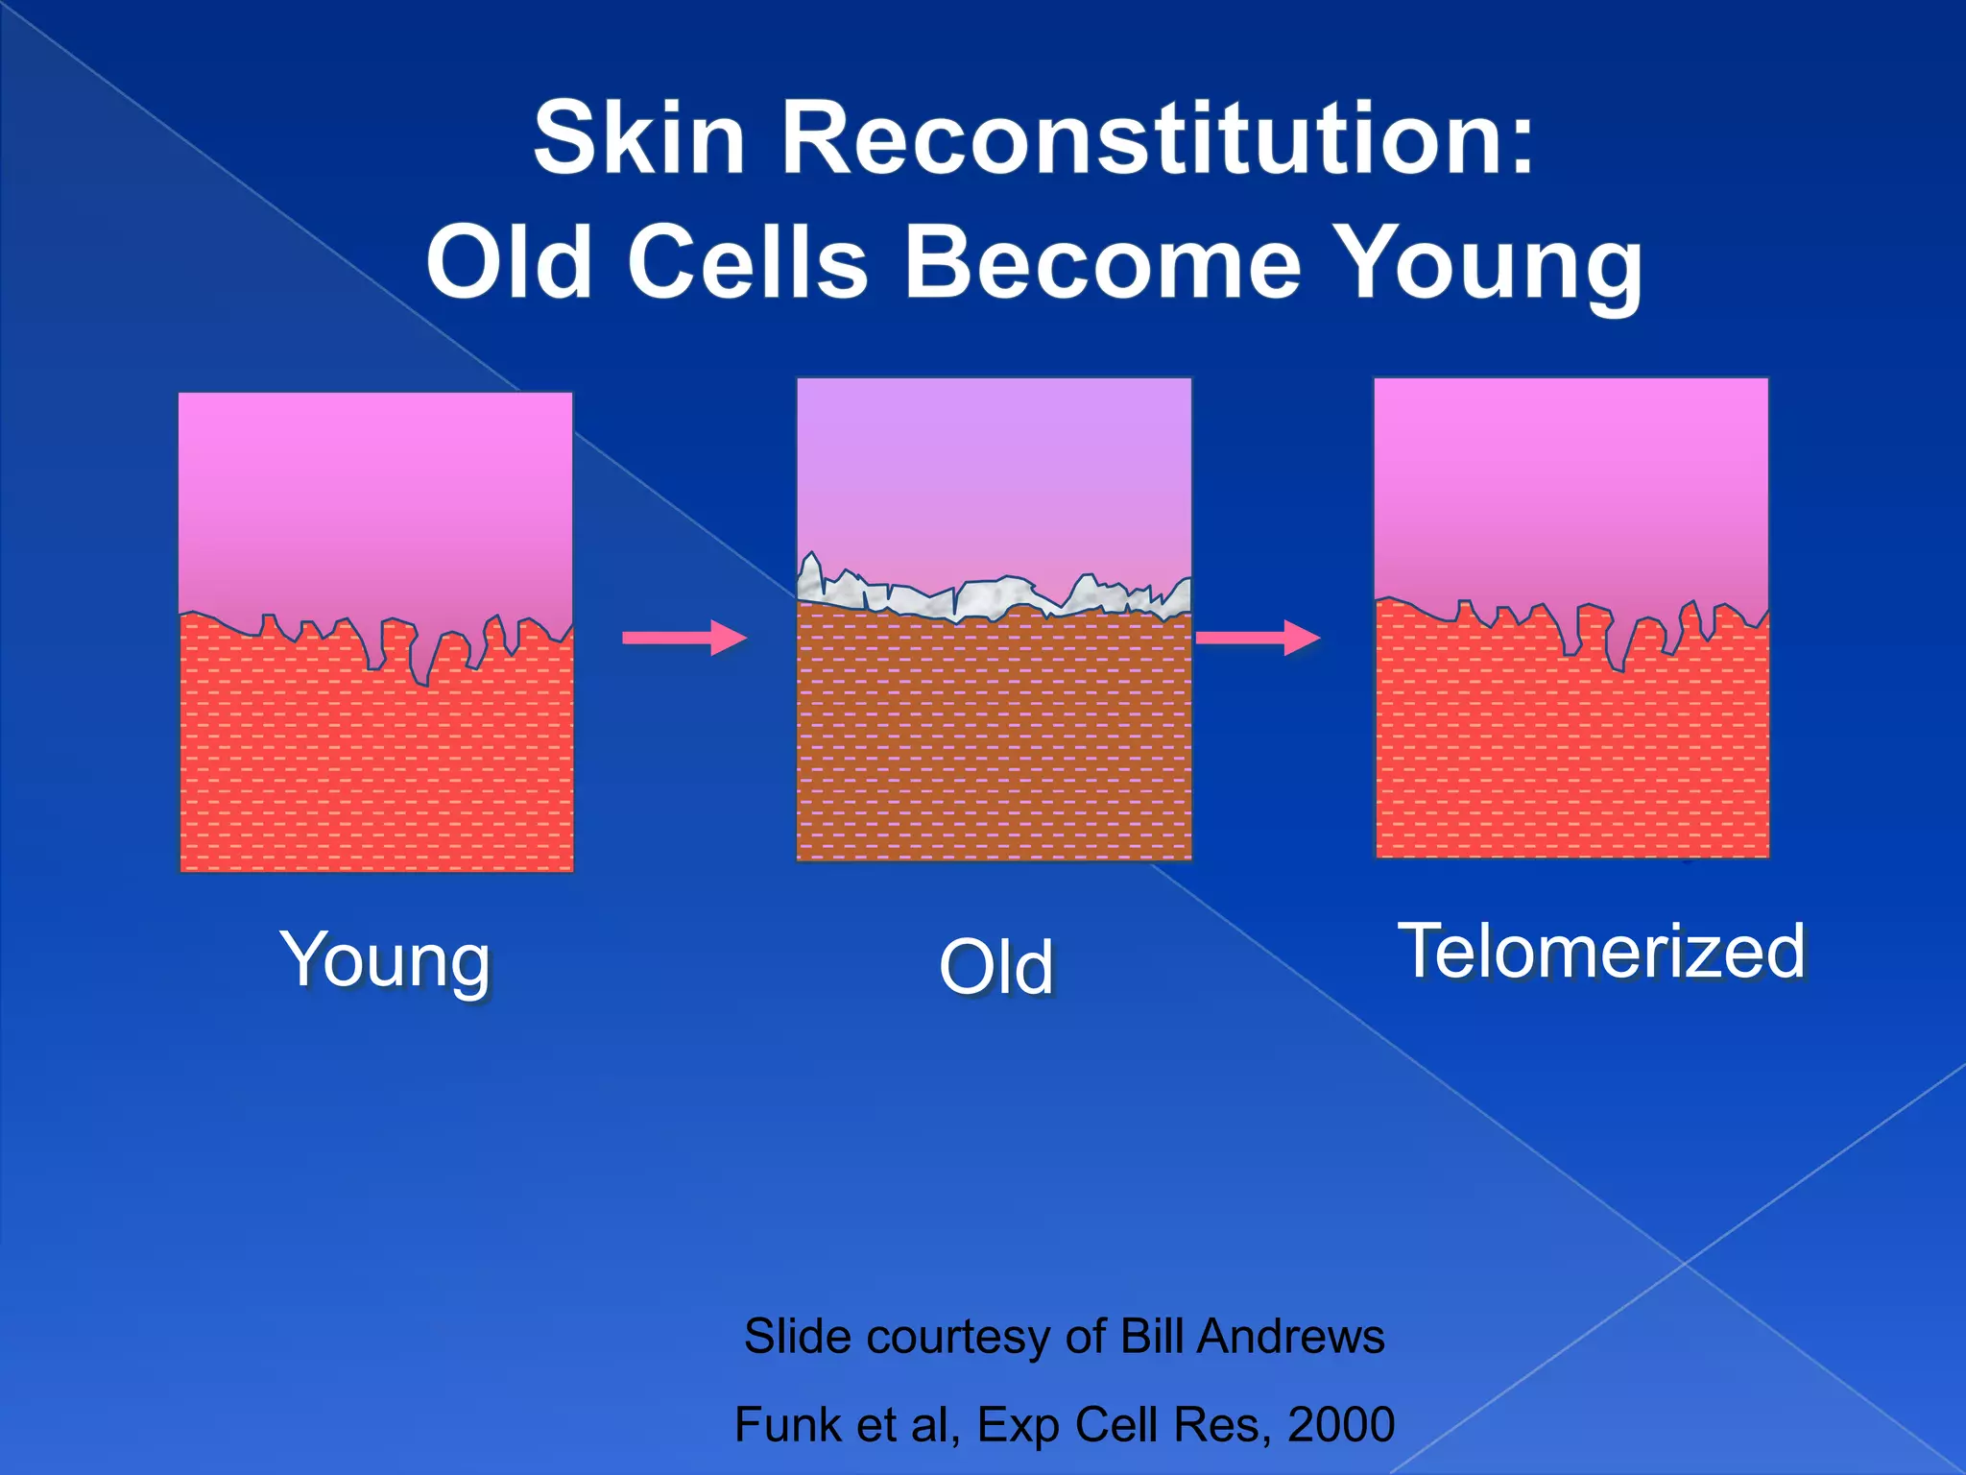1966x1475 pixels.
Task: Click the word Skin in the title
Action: [639, 139]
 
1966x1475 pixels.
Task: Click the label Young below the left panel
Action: [385, 959]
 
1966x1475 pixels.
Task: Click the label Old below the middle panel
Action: [995, 967]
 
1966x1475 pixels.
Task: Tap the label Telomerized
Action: [1601, 951]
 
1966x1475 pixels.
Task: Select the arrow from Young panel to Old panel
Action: [683, 638]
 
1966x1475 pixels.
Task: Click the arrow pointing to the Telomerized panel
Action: [1258, 637]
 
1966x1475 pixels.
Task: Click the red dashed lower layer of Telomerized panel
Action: [1571, 749]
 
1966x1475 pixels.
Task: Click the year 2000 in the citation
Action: [1340, 1424]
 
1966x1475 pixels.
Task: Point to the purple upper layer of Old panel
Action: [995, 471]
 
